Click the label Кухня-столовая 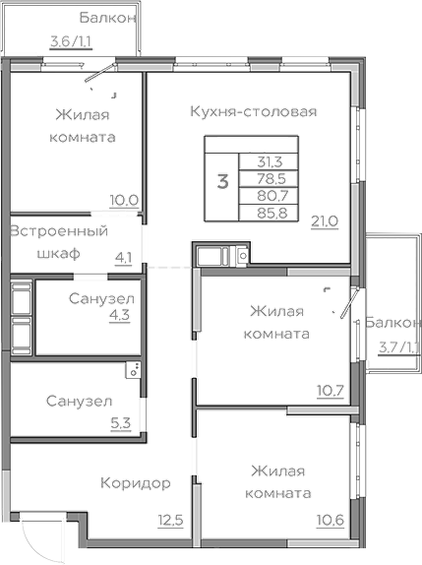(253, 111)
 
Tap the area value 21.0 (325, 220)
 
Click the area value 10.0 (123, 200)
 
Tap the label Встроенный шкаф (58, 242)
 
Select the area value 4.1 (124, 259)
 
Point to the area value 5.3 (120, 423)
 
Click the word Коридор (136, 483)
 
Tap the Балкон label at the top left (108, 18)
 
